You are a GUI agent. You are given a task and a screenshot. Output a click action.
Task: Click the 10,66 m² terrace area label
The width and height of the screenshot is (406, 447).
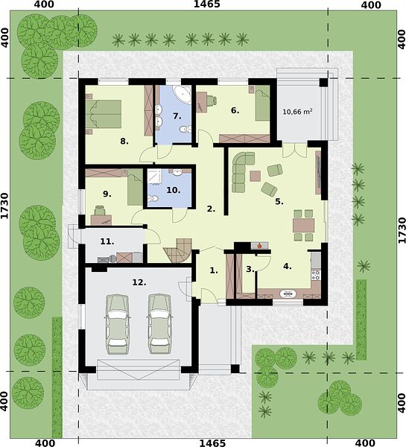297,112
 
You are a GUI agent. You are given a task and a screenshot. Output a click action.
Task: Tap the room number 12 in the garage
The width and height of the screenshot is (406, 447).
139,282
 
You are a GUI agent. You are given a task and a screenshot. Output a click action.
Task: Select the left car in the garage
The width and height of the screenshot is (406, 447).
117,324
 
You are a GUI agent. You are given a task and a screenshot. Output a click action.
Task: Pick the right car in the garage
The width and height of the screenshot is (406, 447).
159,324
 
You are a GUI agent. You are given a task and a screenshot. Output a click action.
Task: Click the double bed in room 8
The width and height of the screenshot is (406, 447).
104,113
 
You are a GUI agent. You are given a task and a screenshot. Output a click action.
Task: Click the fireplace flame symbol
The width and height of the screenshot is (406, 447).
259,245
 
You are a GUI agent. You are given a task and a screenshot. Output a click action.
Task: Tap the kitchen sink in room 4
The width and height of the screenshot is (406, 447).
288,294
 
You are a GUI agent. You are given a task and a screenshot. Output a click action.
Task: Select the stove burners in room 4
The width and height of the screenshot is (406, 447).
316,275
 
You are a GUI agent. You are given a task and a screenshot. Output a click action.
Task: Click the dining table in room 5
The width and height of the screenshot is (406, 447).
304,225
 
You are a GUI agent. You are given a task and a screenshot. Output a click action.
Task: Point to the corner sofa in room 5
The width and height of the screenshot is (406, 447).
243,172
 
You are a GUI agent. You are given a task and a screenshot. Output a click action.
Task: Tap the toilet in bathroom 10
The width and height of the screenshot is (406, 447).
152,198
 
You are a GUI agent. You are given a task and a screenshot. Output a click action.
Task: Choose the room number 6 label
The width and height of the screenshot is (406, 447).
235,110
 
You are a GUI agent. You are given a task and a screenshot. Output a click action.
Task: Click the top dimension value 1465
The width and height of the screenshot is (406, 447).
207,4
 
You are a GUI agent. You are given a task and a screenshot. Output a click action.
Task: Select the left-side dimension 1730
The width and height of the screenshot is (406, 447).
4,206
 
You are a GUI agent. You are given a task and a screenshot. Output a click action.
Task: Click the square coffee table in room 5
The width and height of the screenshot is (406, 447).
256,176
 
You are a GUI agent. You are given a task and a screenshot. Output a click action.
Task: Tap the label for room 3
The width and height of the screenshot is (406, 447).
250,269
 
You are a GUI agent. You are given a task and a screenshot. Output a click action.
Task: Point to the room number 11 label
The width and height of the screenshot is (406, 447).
107,241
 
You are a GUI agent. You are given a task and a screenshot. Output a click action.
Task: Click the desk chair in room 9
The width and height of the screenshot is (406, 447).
100,210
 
